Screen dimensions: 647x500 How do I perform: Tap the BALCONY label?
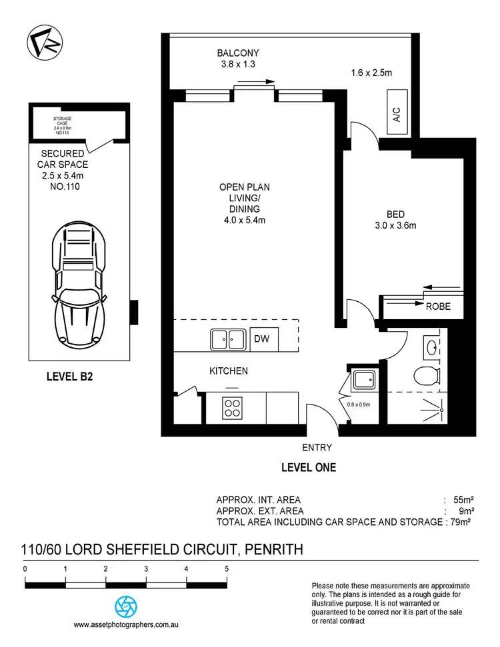pos(237,53)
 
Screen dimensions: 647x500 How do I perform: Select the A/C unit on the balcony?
pos(397,116)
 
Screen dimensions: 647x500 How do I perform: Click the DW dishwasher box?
pos(262,339)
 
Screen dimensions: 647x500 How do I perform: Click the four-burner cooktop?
pos(232,406)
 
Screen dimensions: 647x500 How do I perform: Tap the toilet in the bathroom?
pos(426,375)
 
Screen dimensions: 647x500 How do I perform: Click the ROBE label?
pos(438,307)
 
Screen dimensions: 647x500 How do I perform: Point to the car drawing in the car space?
pos(80,280)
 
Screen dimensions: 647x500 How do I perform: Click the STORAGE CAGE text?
pos(62,122)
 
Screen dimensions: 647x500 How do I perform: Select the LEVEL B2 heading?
pos(69,376)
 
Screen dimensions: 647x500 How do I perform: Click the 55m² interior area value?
pos(463,500)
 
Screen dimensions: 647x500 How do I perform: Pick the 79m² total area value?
pos(461,522)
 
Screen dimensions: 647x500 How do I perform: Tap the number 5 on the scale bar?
pos(227,569)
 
